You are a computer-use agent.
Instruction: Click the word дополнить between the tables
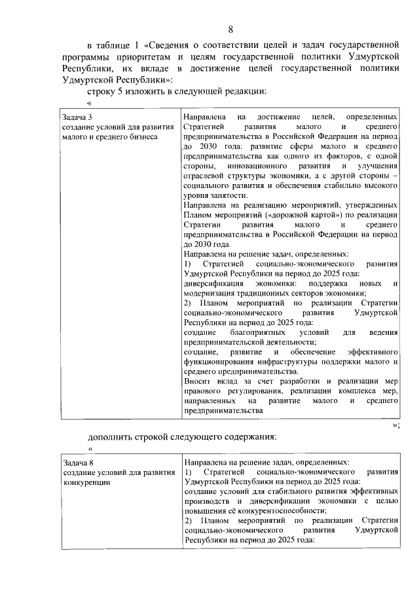(112, 436)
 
